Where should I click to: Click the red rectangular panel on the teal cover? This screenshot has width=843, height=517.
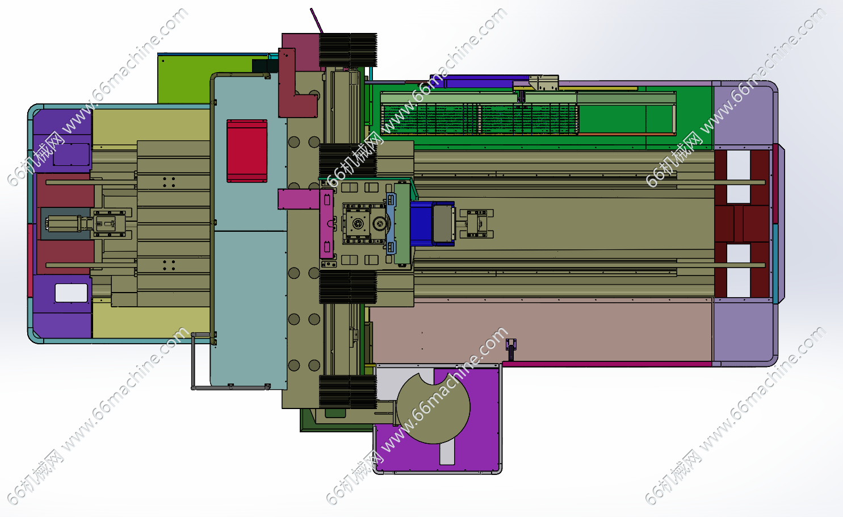(x=247, y=151)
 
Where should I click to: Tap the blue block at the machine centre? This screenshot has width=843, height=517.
(x=421, y=224)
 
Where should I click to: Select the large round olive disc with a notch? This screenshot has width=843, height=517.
(x=433, y=408)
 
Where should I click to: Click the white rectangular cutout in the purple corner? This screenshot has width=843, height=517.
(x=71, y=293)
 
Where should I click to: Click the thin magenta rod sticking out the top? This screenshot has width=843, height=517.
(x=317, y=20)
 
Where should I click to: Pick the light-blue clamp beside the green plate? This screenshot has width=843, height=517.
(x=391, y=224)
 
